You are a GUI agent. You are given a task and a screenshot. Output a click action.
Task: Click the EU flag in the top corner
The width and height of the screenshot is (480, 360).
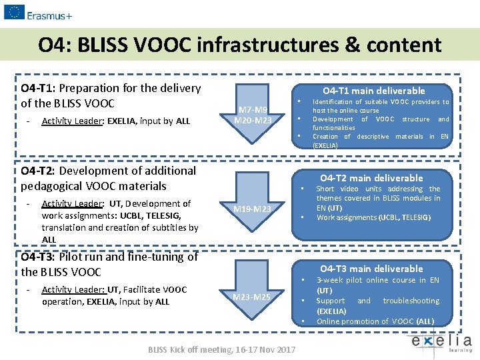pyautogui.click(x=14, y=11)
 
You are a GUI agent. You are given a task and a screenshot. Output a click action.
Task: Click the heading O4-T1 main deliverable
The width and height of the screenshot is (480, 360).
pyautogui.click(x=373, y=91)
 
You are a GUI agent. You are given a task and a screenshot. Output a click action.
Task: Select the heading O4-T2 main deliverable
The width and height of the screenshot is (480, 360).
pyautogui.click(x=371, y=178)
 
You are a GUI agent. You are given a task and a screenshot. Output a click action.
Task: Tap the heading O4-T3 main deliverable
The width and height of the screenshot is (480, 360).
pyautogui.click(x=371, y=269)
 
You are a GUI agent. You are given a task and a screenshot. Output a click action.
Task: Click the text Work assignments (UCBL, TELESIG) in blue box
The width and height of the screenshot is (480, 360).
pyautogui.click(x=373, y=217)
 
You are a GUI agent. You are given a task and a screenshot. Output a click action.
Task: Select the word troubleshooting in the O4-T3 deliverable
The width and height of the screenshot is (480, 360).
pyautogui.click(x=411, y=301)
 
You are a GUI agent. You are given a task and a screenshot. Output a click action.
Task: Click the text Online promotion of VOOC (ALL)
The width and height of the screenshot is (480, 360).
pyautogui.click(x=375, y=321)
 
